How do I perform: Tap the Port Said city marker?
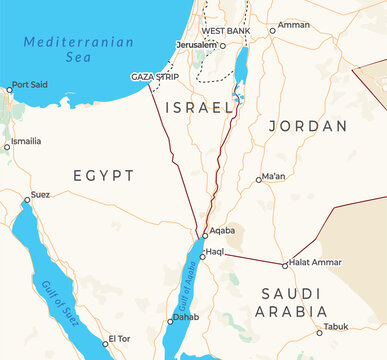pyautogui.click(x=9, y=90)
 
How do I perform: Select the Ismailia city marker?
pyautogui.click(x=7, y=147)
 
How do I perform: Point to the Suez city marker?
pyautogui.click(x=27, y=200)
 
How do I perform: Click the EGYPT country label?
pyautogui.click(x=103, y=176)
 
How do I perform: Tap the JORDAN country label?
pyautogui.click(x=308, y=127)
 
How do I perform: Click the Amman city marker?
pyautogui.click(x=273, y=30)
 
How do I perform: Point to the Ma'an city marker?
pyautogui.click(x=258, y=180)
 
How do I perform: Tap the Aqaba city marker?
pyautogui.click(x=205, y=236)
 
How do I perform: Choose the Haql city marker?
pyautogui.click(x=202, y=255)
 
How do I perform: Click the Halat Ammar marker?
pyautogui.click(x=285, y=265)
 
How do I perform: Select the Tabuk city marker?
pyautogui.click(x=320, y=332)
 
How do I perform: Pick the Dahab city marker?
pyautogui.click(x=169, y=321)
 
